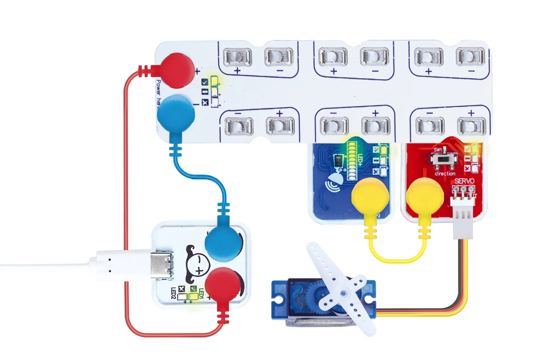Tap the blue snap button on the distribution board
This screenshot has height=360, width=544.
point(176,114)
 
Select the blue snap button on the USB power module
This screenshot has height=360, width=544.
point(223,244)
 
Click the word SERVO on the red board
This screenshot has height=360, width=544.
point(464,181)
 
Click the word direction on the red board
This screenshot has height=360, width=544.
point(445,174)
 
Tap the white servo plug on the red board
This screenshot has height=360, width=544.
point(463,218)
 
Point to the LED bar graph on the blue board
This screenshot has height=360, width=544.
point(352,161)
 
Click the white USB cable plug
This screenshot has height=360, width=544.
point(122,265)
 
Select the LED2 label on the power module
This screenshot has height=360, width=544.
point(173,293)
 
